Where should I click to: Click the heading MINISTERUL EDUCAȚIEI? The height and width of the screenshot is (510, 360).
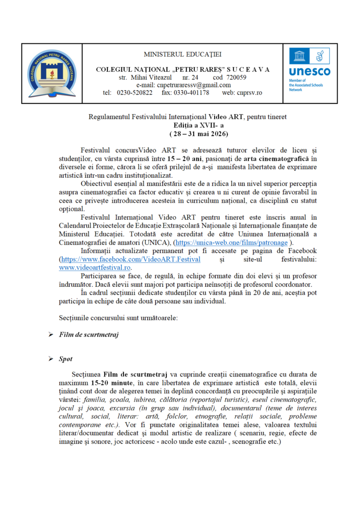[183, 53]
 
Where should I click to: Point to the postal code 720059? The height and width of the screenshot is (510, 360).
[230, 77]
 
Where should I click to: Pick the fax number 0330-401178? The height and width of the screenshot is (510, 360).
[192, 93]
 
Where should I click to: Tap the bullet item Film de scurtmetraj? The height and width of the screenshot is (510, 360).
[89, 334]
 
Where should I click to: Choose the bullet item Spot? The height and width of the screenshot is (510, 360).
[65, 359]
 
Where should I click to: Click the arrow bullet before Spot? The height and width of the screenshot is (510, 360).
[50, 359]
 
